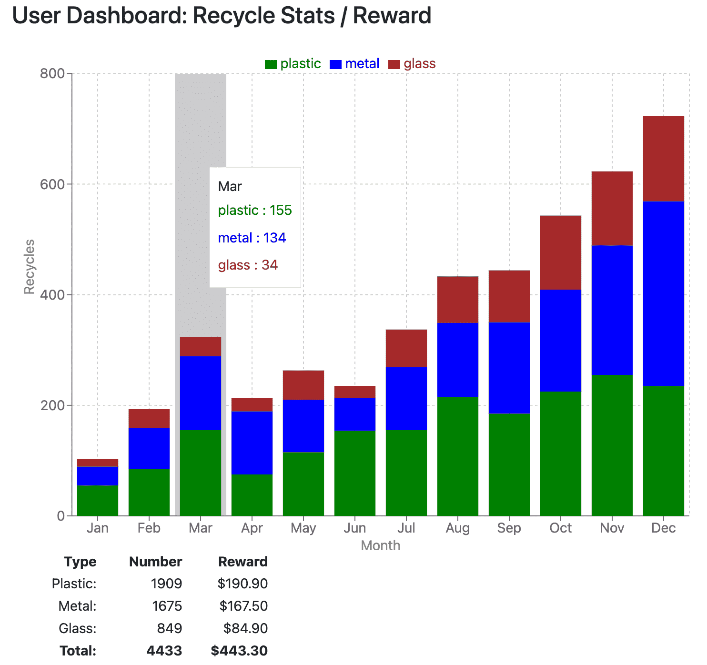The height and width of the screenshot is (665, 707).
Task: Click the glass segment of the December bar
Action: [663, 159]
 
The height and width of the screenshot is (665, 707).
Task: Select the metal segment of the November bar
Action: [612, 310]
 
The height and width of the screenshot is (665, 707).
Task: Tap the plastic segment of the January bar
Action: [98, 500]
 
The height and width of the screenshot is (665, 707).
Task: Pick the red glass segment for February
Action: [149, 418]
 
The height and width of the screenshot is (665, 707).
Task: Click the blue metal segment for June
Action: [355, 414]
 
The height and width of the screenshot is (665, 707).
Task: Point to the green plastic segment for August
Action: [458, 456]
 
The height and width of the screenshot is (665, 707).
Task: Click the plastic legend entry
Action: [293, 64]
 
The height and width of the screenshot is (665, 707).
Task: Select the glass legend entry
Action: [412, 64]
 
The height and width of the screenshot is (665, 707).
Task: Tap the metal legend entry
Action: [354, 64]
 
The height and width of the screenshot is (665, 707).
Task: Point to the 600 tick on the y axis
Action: [52, 184]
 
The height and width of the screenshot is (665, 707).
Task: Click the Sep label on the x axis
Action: [509, 528]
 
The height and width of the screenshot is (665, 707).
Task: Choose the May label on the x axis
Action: [303, 528]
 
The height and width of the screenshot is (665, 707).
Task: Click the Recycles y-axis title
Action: [30, 267]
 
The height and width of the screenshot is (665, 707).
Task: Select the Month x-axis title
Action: [380, 545]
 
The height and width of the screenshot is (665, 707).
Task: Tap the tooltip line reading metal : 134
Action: [252, 238]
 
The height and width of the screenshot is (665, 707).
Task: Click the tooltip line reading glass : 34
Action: [248, 265]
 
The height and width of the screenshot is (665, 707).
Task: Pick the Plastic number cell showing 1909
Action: [166, 584]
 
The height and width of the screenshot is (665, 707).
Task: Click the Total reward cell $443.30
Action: [239, 651]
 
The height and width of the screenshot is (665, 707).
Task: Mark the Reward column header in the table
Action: [242, 562]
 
